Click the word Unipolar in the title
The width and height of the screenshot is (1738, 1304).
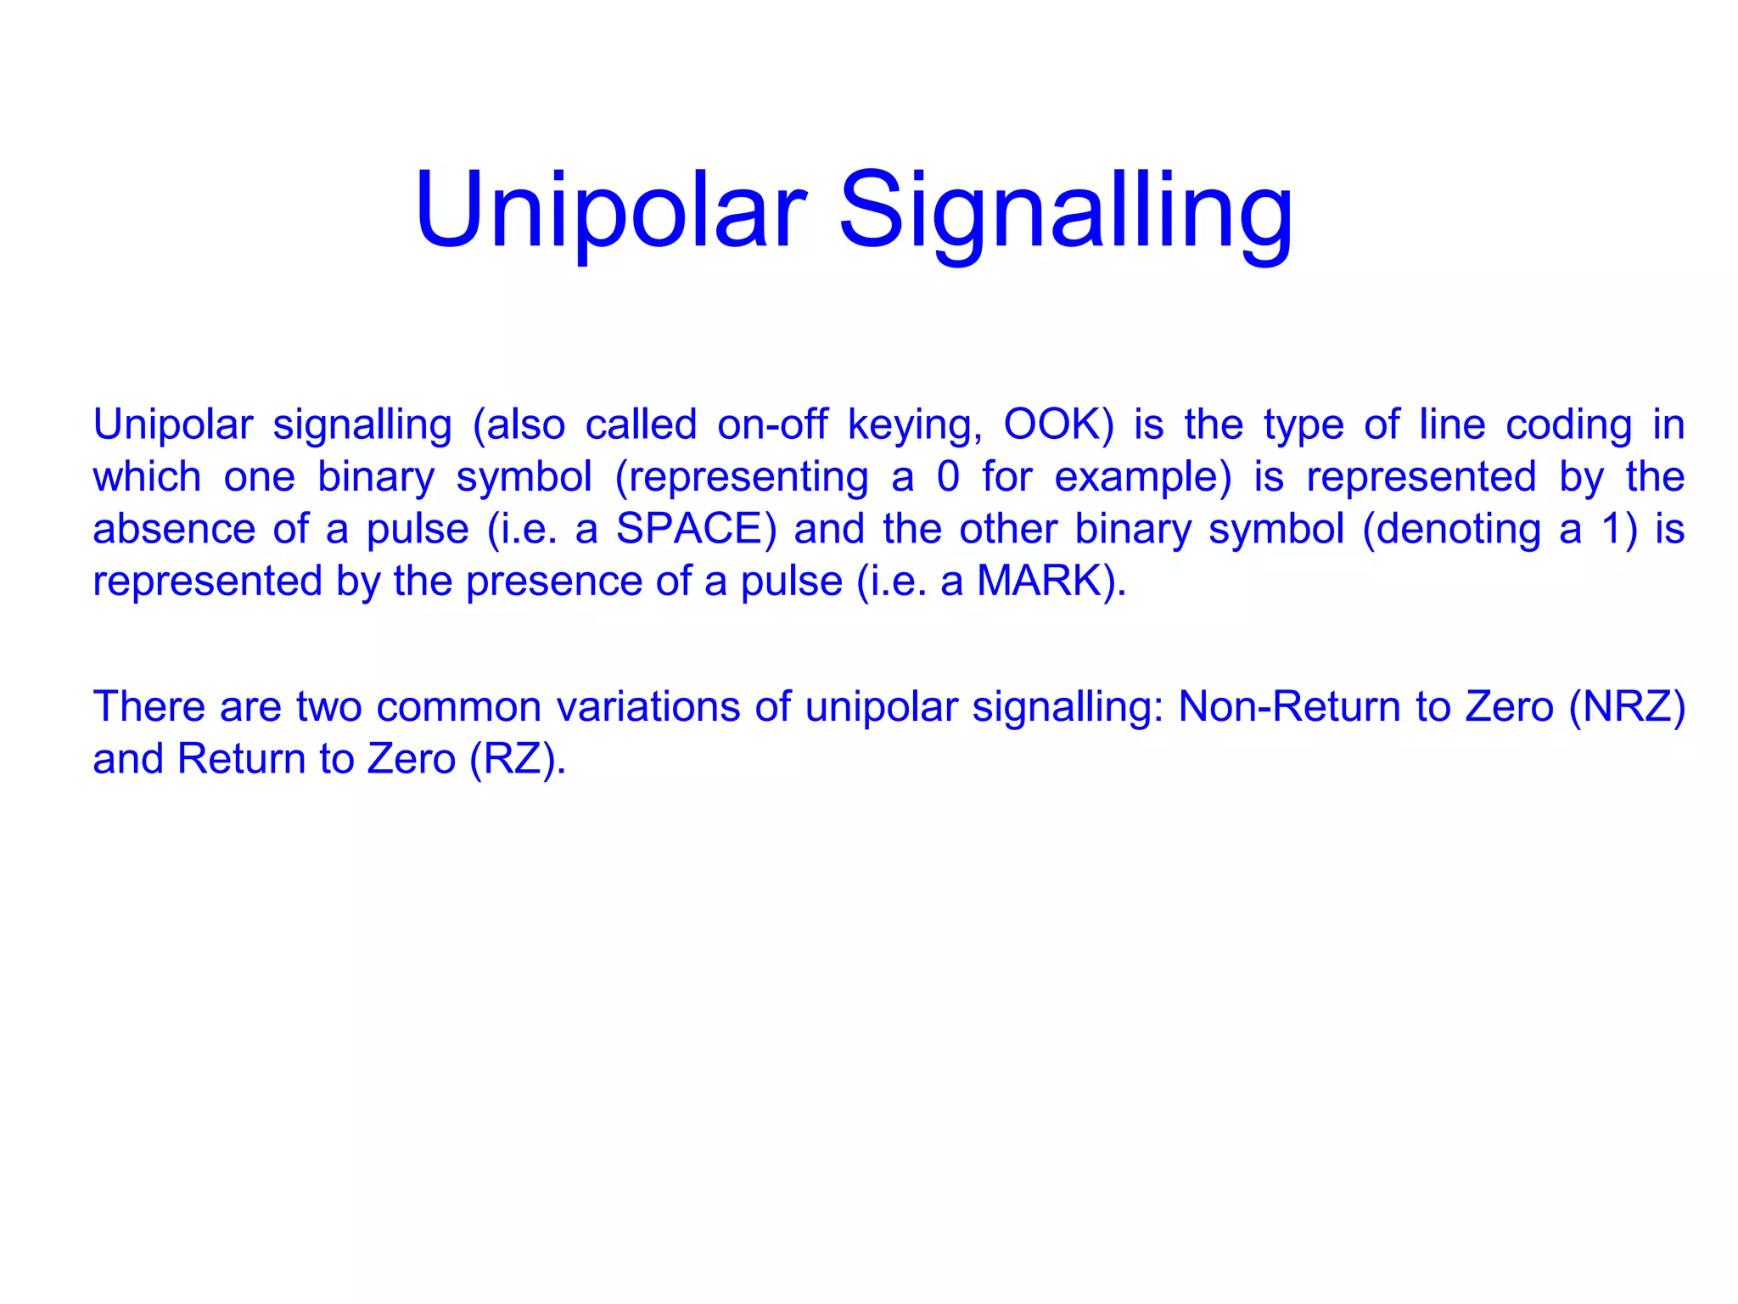(610, 211)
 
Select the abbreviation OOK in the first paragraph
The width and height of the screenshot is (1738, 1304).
(1057, 424)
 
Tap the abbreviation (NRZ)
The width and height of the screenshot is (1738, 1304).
(1627, 707)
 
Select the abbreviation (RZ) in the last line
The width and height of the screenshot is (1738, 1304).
(517, 759)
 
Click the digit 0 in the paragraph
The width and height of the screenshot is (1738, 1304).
(948, 477)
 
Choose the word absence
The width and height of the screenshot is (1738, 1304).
(174, 529)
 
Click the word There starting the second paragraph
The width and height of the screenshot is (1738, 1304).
(149, 707)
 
